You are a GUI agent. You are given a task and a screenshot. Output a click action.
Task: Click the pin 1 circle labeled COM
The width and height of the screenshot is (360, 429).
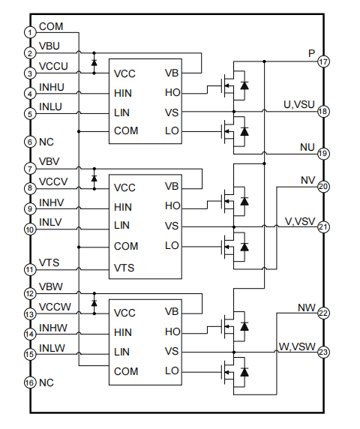coord(30,32)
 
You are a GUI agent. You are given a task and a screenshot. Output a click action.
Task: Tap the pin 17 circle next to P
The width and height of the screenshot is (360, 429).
coord(323,61)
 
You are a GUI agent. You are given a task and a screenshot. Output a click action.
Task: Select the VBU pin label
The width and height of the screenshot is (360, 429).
coord(49,46)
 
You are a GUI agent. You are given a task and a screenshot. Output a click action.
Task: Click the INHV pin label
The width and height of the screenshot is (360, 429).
coord(52,202)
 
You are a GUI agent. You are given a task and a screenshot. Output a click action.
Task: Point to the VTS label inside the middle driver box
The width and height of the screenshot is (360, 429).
coord(124,268)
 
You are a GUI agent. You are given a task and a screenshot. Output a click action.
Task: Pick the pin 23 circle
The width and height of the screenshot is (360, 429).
coord(323,352)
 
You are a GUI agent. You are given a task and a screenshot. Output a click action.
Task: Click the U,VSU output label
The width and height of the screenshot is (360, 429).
coord(299,104)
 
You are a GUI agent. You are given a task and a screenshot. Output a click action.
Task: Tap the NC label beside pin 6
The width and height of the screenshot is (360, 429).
coord(46,142)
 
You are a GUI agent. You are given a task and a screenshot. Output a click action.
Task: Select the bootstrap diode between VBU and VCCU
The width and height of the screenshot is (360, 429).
coord(94,63)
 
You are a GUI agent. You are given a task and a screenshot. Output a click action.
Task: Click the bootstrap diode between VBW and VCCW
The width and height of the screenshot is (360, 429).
coord(94,303)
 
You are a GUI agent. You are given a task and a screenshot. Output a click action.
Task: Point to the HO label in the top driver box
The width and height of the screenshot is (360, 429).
coord(172,93)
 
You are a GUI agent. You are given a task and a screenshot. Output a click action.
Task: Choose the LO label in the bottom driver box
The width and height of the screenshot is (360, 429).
coord(172,370)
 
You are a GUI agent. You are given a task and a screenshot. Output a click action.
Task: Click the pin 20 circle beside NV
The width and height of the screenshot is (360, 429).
coord(323,187)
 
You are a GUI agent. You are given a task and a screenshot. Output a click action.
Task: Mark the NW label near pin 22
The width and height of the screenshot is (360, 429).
coord(307,307)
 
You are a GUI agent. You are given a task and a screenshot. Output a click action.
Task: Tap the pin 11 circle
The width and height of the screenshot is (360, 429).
coord(30,269)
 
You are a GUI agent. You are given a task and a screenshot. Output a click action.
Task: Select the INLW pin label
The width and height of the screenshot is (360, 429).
coord(52,348)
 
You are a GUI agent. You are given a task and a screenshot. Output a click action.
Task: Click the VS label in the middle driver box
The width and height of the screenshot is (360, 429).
coord(172,226)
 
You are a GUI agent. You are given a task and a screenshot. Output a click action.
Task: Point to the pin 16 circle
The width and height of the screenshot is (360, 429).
coord(30,382)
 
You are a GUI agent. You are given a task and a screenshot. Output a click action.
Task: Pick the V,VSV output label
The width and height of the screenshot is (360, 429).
coord(300,221)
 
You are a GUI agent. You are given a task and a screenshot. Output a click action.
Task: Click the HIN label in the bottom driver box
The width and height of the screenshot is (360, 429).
coord(123,332)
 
